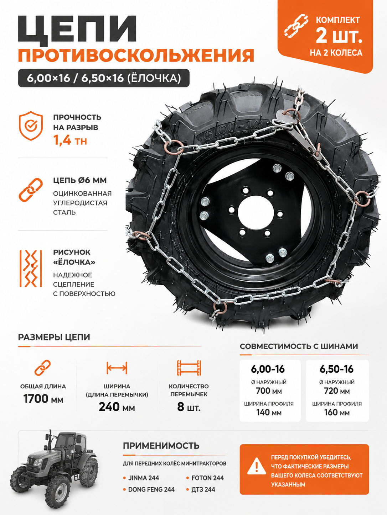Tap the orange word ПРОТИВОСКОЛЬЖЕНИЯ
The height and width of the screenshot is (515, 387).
(x=136, y=55)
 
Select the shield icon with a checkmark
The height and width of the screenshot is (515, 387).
(x=31, y=126)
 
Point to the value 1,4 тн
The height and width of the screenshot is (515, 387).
(x=70, y=140)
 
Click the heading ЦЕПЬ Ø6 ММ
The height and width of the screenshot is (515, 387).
(x=80, y=180)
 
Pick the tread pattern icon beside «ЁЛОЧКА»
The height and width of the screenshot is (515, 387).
(x=31, y=269)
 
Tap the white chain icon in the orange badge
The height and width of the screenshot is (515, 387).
(x=296, y=26)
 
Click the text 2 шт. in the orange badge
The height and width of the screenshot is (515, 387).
(x=339, y=36)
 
